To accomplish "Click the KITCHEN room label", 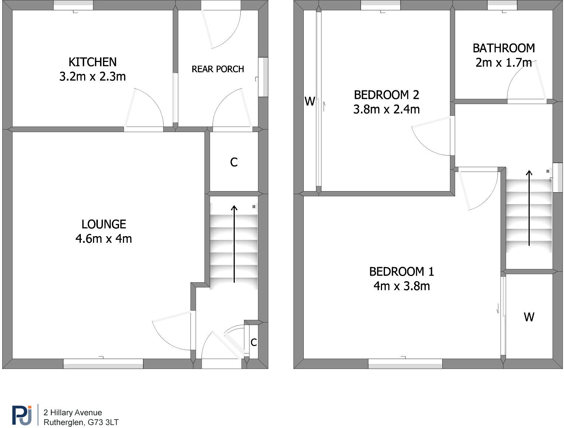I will click(x=93, y=62).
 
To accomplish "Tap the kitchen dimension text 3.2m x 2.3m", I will click(x=93, y=77).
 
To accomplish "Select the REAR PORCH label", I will click(x=218, y=69).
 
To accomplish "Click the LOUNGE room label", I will click(x=104, y=224).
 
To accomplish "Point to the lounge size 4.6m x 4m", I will click(x=104, y=239).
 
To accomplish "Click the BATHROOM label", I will click(x=503, y=48).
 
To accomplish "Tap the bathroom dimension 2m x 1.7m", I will click(x=503, y=63).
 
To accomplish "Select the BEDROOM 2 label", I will click(x=386, y=95).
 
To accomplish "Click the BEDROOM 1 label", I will click(x=402, y=272).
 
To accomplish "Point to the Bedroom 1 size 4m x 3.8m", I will click(x=402, y=286).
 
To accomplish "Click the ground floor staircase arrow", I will click(x=234, y=244).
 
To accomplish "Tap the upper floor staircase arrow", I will click(x=529, y=208).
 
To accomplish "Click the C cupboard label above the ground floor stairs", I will click(x=234, y=162).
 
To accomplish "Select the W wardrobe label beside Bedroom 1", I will click(x=529, y=317).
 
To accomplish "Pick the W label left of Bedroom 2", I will click(x=310, y=101).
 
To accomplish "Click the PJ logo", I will click(x=22, y=415).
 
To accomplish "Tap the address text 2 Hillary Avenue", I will click(x=73, y=413).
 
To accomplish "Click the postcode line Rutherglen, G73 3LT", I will click(x=81, y=422).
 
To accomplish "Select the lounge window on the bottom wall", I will click(x=103, y=364).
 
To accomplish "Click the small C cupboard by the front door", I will click(x=254, y=342).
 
